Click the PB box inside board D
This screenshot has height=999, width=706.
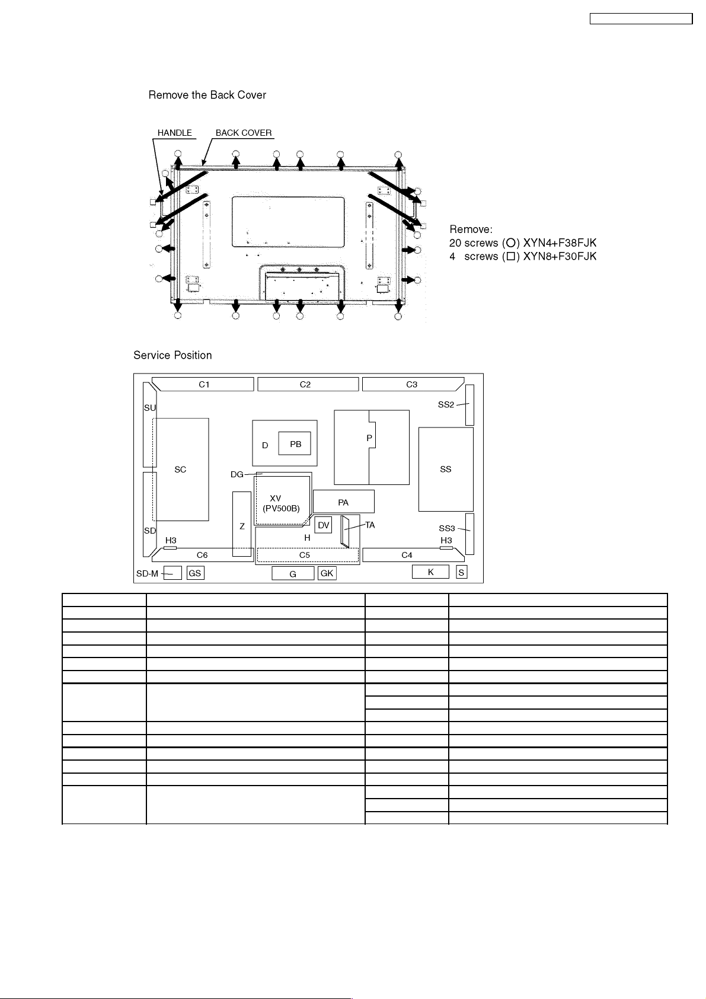coord(295,444)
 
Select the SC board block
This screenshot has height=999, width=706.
coord(181,469)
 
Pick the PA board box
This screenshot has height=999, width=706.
coord(343,502)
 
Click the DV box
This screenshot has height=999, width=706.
coord(323,525)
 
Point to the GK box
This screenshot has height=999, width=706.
coord(327,573)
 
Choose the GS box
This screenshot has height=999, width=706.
coord(195,573)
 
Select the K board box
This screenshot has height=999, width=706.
coord(430,572)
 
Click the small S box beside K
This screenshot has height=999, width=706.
coord(461,573)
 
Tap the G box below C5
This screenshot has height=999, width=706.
coord(293,574)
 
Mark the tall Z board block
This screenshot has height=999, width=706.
coord(242,524)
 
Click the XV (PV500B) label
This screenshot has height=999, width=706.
coord(281,503)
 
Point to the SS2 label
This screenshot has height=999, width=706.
coord(446,405)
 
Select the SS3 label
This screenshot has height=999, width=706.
coord(447,528)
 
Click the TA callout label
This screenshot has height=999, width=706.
coord(370,525)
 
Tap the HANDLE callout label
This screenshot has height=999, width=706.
coord(175,133)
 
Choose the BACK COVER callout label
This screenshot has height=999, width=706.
coord(244,133)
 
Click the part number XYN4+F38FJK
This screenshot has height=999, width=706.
coord(560,243)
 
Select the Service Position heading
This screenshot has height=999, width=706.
coord(172,355)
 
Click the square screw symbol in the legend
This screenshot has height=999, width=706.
coord(510,257)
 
